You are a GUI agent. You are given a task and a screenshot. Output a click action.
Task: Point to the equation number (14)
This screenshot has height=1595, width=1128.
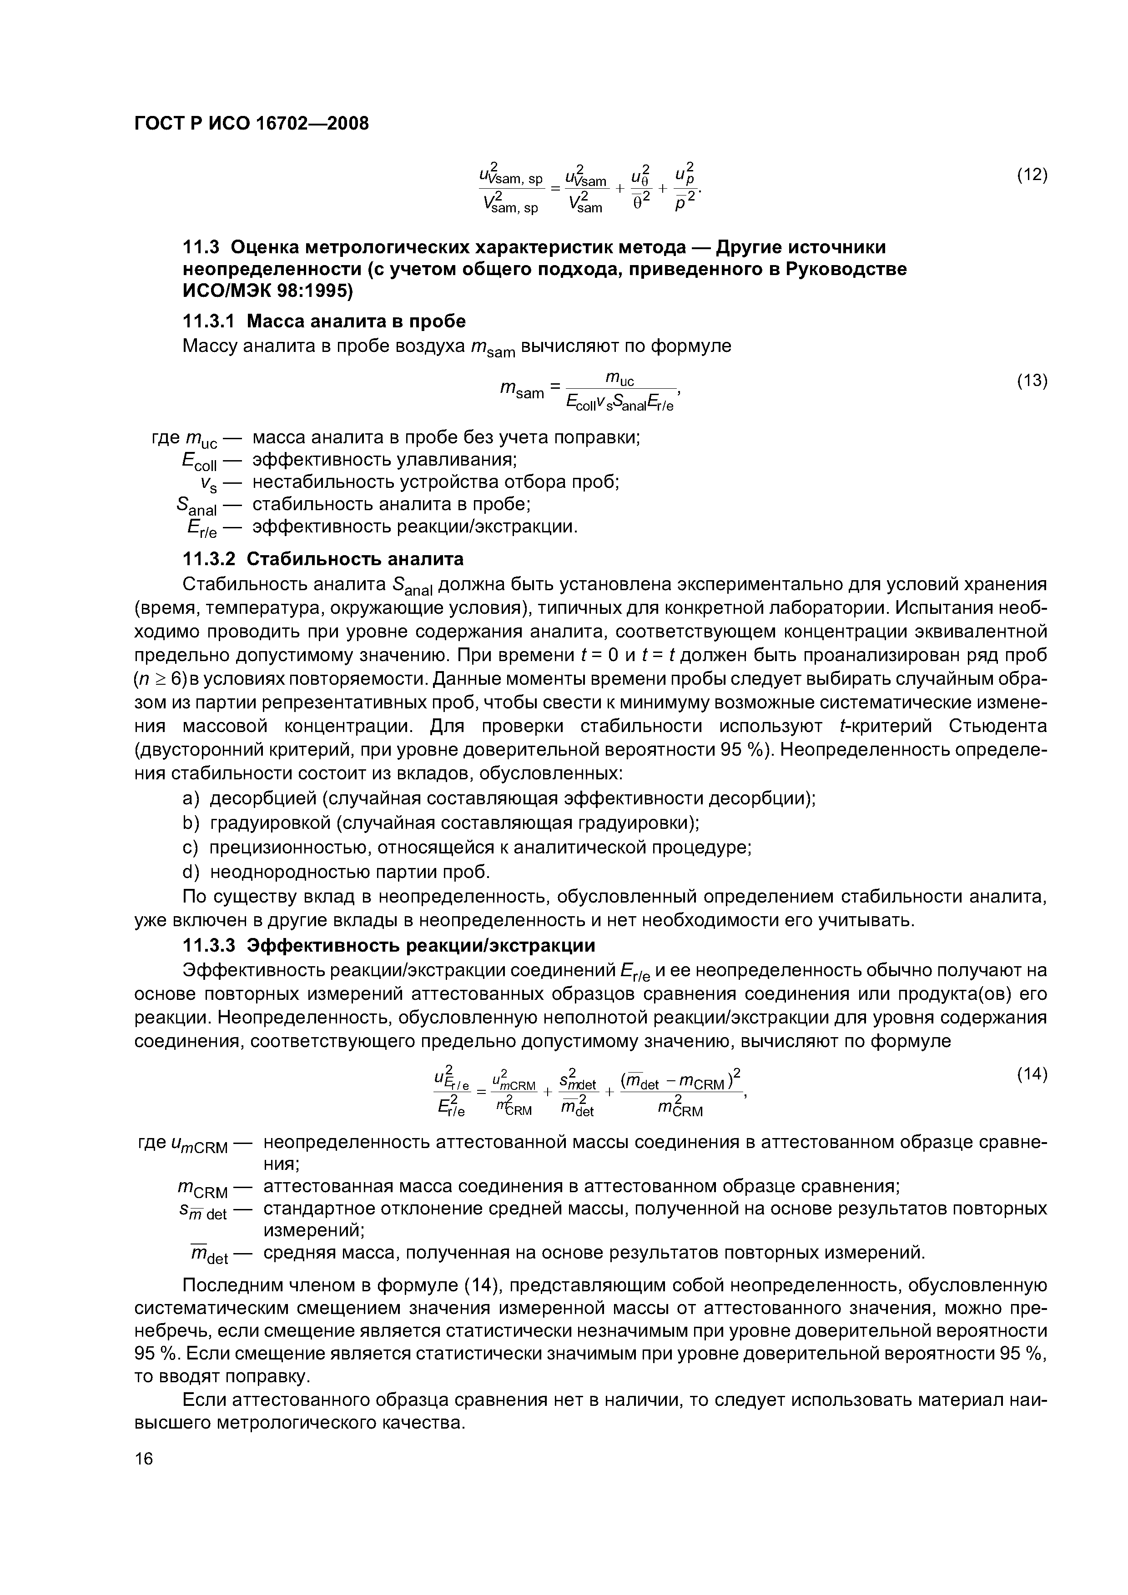click(x=1032, y=1073)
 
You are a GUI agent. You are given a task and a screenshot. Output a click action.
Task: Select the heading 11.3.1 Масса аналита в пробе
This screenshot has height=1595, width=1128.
click(x=323, y=321)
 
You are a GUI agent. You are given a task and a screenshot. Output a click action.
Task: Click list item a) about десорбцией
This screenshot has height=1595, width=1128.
click(x=499, y=798)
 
